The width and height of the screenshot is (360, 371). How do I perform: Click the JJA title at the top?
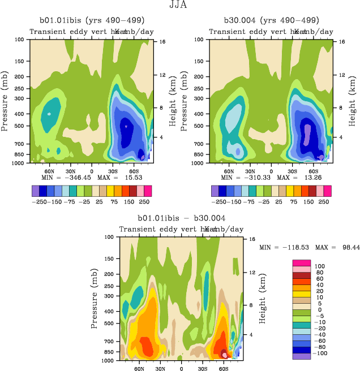[179, 5]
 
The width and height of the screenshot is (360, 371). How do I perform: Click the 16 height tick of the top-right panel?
[342, 41]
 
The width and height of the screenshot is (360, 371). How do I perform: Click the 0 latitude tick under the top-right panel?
[271, 170]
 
